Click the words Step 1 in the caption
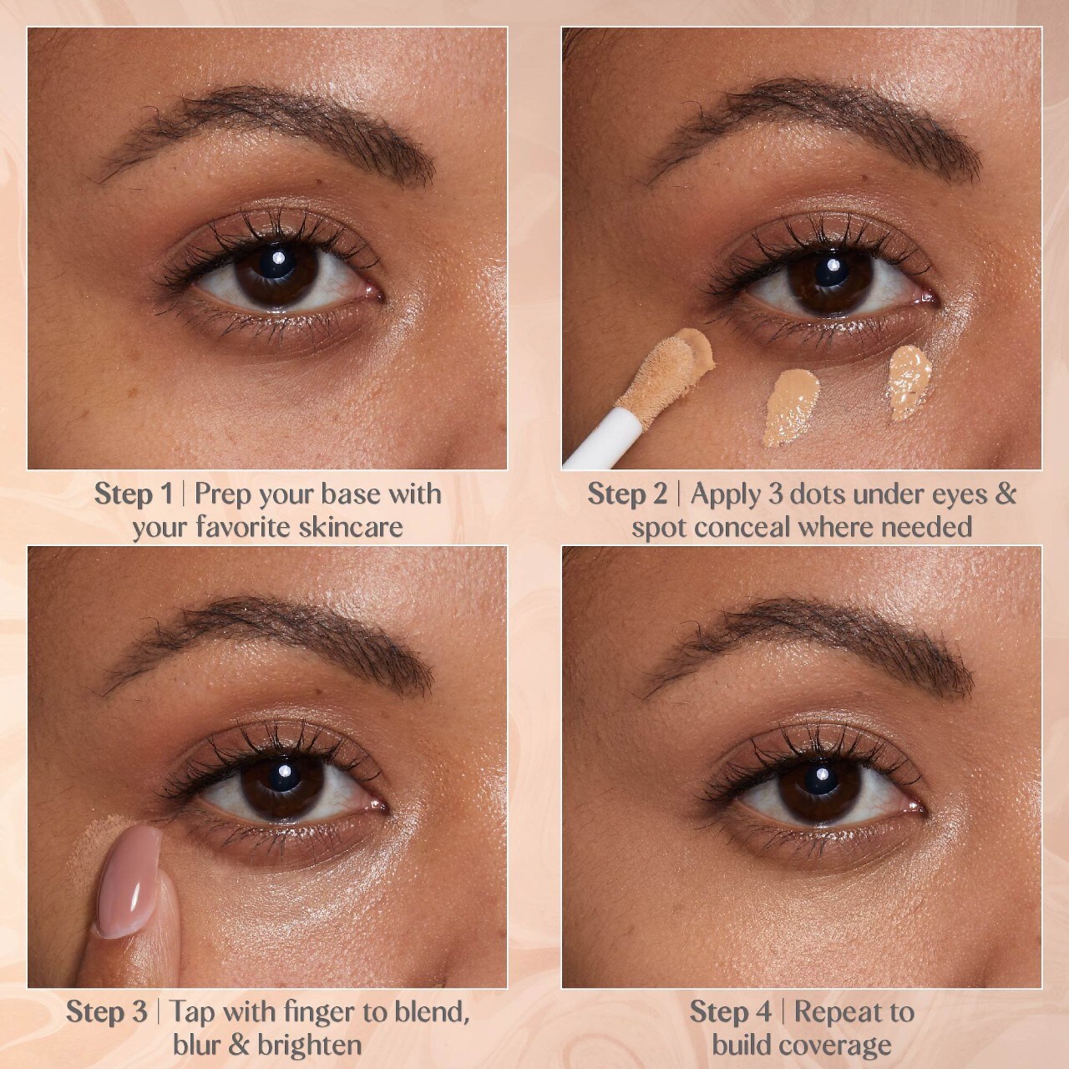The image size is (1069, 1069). pyautogui.click(x=133, y=494)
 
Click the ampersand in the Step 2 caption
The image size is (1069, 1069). pyautogui.click(x=1006, y=494)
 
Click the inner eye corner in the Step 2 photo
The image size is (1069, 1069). pyautogui.click(x=931, y=300)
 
